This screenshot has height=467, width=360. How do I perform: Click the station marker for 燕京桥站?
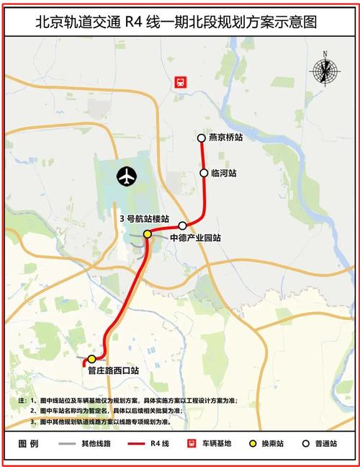tap(202, 138)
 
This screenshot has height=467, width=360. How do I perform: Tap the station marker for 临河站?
tap(204, 173)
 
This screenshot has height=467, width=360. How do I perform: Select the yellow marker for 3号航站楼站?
tap(147, 233)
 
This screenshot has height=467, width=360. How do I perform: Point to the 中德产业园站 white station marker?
tap(183, 226)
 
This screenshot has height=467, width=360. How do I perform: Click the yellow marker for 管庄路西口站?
tap(91, 358)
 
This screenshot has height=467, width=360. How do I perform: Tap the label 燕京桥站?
tap(226, 138)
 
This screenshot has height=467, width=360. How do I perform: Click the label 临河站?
tap(224, 173)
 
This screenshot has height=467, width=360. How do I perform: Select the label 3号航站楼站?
tap(144, 218)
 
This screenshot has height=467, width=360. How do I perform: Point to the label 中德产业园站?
tap(195, 237)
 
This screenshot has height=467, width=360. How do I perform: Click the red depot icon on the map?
tap(180, 83)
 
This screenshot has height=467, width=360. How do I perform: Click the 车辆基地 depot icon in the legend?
tap(192, 444)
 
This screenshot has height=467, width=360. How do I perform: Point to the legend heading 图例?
tap(28, 444)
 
